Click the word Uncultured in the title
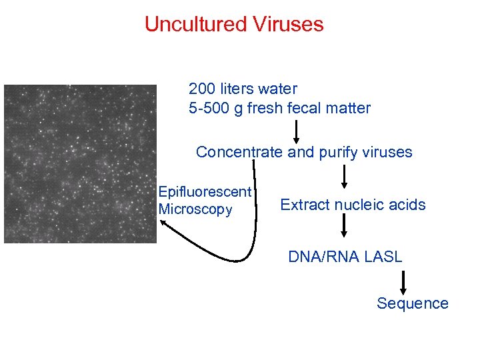195,25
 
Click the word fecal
307,108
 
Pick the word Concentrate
239,152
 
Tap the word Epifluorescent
205,192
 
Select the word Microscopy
195,209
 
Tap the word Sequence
413,303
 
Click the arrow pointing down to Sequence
403,281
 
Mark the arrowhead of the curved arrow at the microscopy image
165,224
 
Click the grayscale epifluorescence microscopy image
80,163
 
